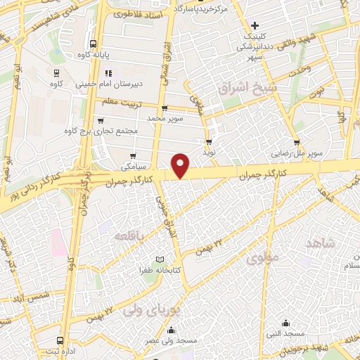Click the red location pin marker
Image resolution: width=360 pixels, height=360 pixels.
click(x=181, y=165)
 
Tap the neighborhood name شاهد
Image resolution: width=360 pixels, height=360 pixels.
click(x=321, y=243)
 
